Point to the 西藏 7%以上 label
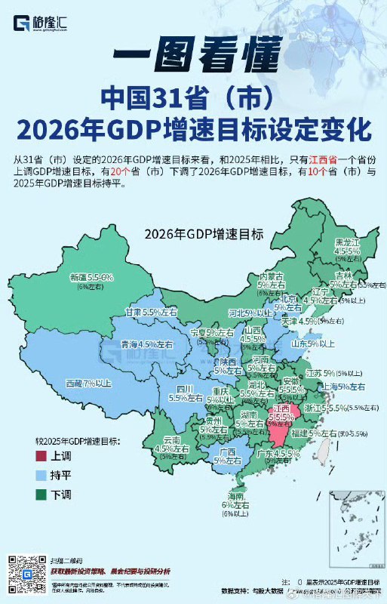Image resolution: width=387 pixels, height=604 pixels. tap(88, 384)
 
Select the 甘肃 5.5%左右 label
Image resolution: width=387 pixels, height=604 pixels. tap(153, 311)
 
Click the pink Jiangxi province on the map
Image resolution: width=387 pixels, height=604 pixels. tap(281, 427)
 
